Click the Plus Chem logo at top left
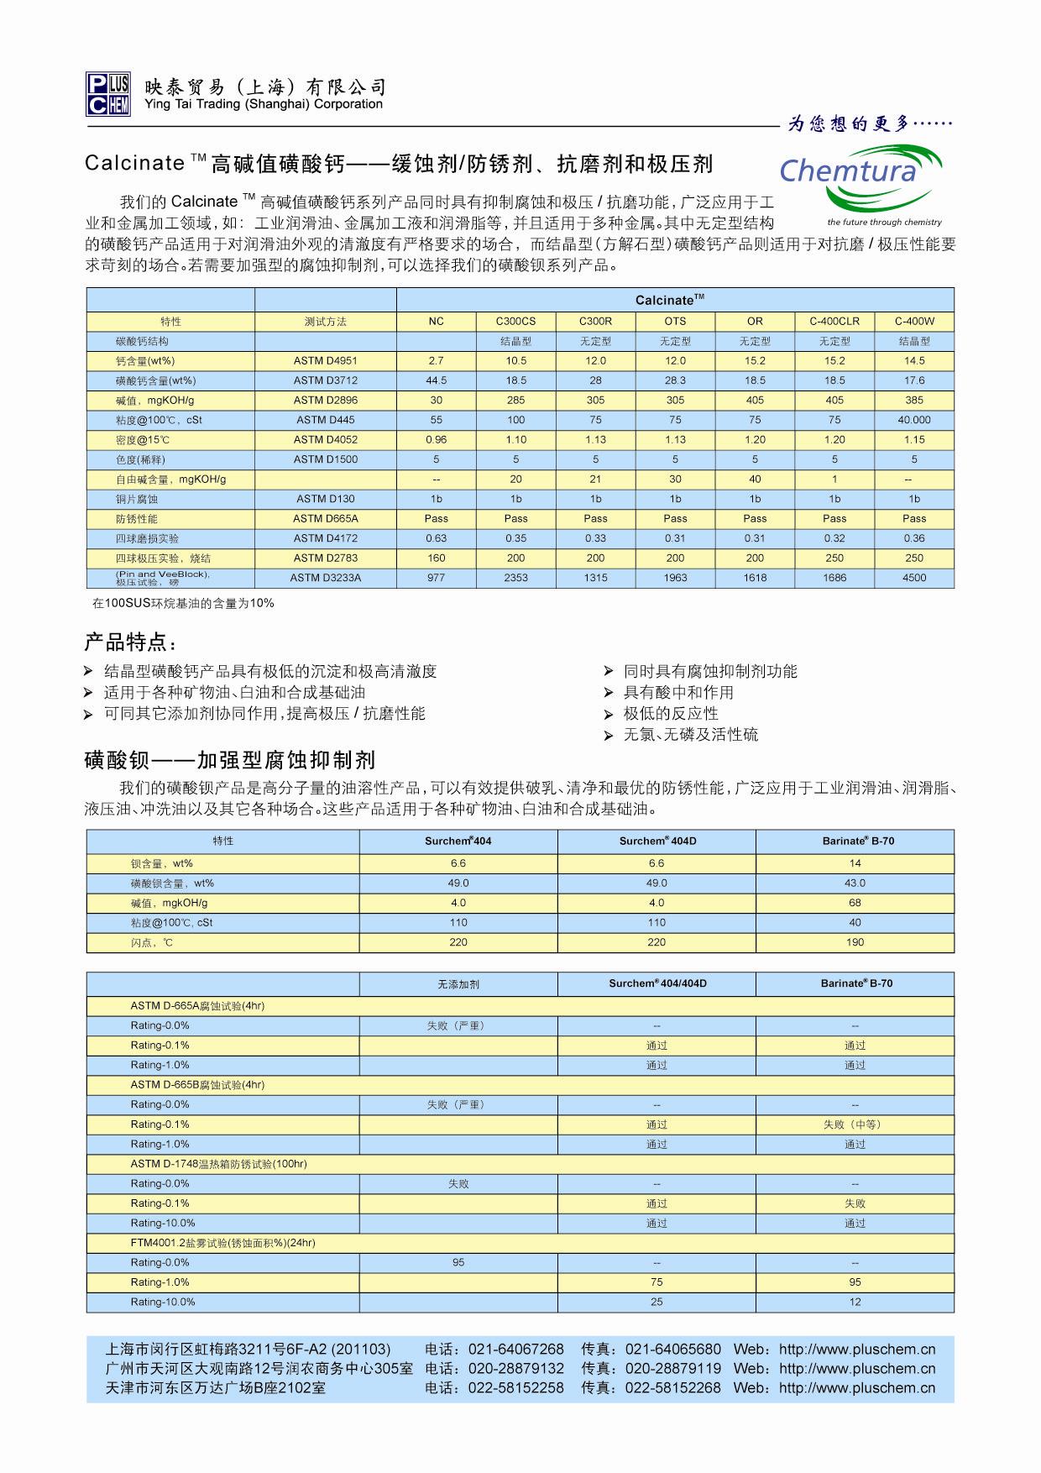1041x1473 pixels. [107, 93]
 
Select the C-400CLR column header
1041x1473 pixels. [834, 321]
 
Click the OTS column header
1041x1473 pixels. [675, 321]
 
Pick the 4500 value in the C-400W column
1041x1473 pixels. [913, 578]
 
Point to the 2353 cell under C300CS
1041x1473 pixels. [515, 578]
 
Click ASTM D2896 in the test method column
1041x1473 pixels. [325, 400]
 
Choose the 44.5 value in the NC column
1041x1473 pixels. [436, 380]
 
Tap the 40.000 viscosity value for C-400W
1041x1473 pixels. [913, 420]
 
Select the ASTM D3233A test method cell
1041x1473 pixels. [325, 578]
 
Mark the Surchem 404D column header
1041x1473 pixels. [657, 841]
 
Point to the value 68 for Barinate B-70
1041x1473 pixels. [855, 903]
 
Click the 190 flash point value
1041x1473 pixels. [855, 942]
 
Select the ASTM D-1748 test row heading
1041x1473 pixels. [218, 1164]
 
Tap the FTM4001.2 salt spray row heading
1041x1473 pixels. [222, 1243]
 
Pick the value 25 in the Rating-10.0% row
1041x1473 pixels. [657, 1302]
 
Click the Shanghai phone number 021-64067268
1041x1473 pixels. [515, 1350]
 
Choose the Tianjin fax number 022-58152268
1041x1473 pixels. [672, 1388]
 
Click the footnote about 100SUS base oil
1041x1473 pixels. [183, 603]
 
